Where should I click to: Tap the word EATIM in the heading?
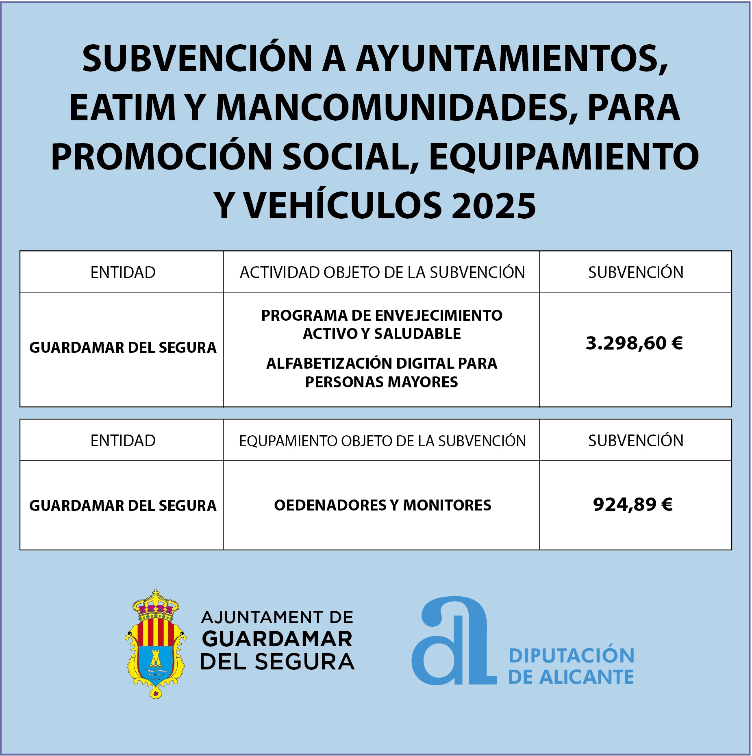122,108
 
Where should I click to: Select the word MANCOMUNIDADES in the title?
391,108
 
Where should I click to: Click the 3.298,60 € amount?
634,343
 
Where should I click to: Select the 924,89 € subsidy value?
633,505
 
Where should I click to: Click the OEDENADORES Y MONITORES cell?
383,505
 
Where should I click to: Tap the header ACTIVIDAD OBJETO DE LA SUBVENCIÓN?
382,272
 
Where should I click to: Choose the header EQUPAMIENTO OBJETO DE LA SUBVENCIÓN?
382,441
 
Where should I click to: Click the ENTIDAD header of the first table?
123,272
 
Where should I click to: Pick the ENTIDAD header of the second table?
123,441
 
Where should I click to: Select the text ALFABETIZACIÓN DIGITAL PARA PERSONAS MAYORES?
382,373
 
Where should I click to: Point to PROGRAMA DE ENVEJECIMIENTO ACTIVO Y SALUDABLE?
382,324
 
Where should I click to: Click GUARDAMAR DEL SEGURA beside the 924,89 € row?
123,506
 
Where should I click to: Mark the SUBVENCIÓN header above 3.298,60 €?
635,272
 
